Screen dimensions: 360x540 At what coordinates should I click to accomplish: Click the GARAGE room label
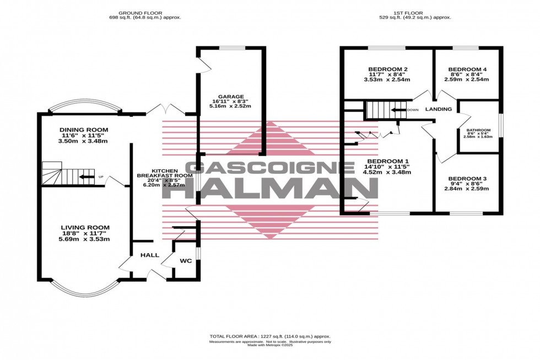[231, 96]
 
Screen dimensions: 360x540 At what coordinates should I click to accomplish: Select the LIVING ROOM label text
[85, 227]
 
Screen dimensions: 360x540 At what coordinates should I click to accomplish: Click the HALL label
[149, 255]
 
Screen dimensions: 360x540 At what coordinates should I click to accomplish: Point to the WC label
[186, 260]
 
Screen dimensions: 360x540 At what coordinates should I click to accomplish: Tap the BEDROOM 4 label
[467, 69]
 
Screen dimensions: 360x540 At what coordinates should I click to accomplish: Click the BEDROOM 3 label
[467, 179]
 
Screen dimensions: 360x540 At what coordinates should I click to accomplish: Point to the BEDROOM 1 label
[387, 161]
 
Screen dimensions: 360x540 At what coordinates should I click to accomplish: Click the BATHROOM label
[479, 130]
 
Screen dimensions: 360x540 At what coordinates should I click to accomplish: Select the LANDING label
[439, 109]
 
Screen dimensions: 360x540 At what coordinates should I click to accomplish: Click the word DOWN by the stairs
[413, 110]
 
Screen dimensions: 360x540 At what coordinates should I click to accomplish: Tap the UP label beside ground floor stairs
[100, 177]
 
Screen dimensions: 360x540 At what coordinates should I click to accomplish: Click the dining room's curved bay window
[83, 105]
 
